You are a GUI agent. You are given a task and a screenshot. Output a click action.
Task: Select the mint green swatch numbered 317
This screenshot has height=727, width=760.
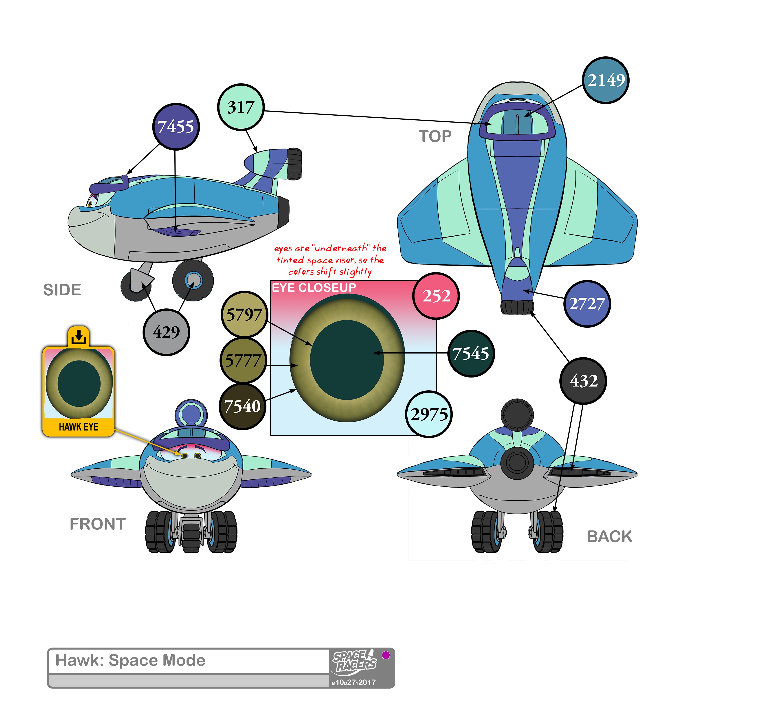[x=241, y=107]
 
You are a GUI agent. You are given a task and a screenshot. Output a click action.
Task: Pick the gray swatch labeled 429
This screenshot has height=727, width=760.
[x=166, y=332]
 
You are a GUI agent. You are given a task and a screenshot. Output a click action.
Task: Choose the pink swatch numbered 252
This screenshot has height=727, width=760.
[x=436, y=296]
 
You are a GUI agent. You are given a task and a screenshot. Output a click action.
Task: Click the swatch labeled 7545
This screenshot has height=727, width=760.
[x=471, y=354]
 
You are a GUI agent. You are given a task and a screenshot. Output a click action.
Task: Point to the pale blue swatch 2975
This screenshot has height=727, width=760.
[x=429, y=414]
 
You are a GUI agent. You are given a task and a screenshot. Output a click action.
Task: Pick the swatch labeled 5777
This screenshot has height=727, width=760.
[x=243, y=361]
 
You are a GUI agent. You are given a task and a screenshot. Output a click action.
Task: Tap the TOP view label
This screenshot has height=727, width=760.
[x=435, y=136]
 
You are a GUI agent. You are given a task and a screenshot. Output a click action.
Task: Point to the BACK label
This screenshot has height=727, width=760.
[x=609, y=537]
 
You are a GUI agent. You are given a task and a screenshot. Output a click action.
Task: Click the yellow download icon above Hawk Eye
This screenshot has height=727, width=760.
[x=79, y=336]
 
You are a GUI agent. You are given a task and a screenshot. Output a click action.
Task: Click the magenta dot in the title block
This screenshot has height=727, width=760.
[x=386, y=655]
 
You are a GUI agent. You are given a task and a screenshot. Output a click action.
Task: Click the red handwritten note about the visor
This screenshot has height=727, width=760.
[x=330, y=260]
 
